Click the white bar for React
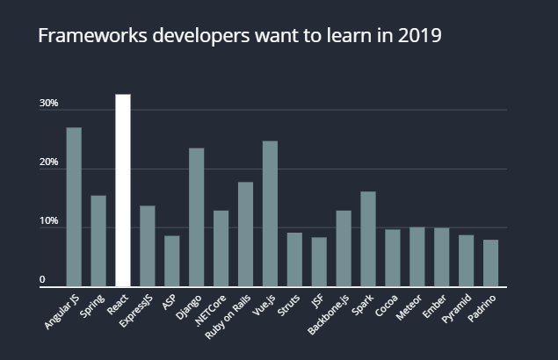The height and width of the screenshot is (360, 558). (x=123, y=190)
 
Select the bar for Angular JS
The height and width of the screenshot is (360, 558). (x=74, y=207)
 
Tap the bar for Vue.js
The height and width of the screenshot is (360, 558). (x=270, y=213)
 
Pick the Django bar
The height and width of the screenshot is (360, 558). (x=197, y=217)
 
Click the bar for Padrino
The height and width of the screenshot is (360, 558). (x=490, y=263)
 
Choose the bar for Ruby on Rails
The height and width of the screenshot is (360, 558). (x=245, y=234)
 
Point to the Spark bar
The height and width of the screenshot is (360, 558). (x=367, y=238)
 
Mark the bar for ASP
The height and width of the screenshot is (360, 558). (x=172, y=261)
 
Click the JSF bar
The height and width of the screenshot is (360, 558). (x=319, y=262)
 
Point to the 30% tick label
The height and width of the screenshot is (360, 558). (x=48, y=104)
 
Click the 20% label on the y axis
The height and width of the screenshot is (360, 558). (x=48, y=162)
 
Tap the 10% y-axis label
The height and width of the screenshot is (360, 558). (x=48, y=221)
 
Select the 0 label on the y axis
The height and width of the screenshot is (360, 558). (x=41, y=280)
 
